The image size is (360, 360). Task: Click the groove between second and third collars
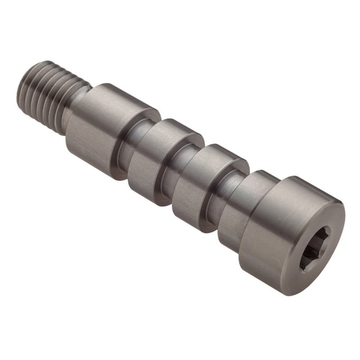182,174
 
